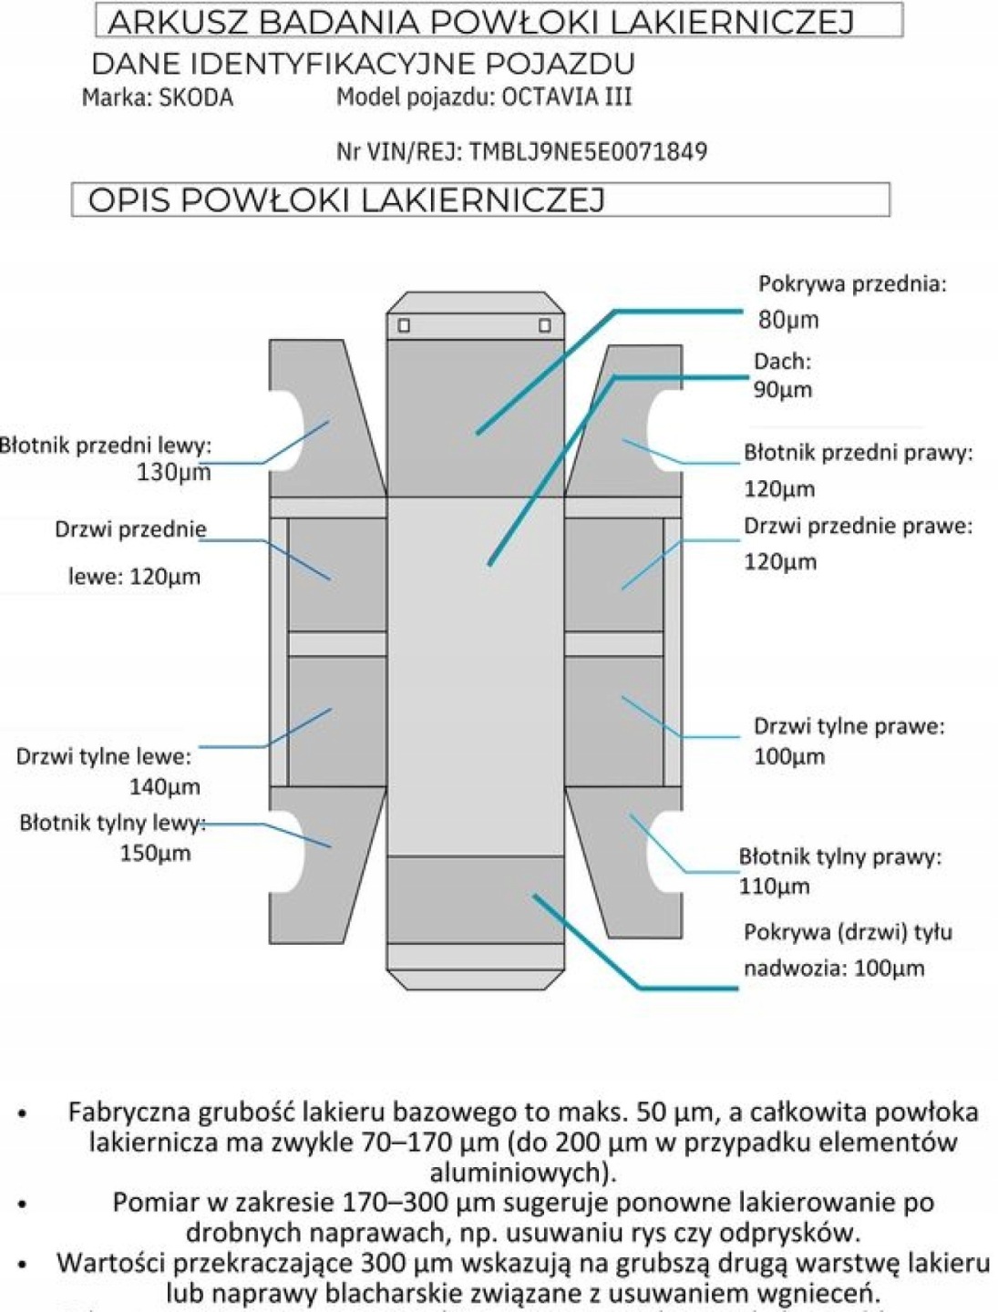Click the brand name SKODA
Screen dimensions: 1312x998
196,97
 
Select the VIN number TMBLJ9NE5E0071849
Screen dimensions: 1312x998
588,151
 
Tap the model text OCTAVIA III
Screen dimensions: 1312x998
567,97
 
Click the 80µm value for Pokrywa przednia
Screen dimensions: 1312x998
788,320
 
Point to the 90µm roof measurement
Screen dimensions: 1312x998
782,390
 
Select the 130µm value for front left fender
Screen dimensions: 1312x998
173,472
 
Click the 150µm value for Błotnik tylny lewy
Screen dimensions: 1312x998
155,854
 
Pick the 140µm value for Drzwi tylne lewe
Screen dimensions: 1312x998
164,786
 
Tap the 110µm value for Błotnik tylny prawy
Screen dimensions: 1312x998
774,886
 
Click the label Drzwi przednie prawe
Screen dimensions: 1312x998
858,526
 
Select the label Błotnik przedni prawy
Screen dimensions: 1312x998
858,453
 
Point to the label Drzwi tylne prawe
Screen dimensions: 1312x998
849,726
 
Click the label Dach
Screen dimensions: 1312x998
782,362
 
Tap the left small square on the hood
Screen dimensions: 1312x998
404,325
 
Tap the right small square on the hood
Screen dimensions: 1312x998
545,325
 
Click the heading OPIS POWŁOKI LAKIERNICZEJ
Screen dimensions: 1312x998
346,200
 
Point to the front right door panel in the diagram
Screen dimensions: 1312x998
612,574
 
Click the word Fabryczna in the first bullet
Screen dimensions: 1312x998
129,1112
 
